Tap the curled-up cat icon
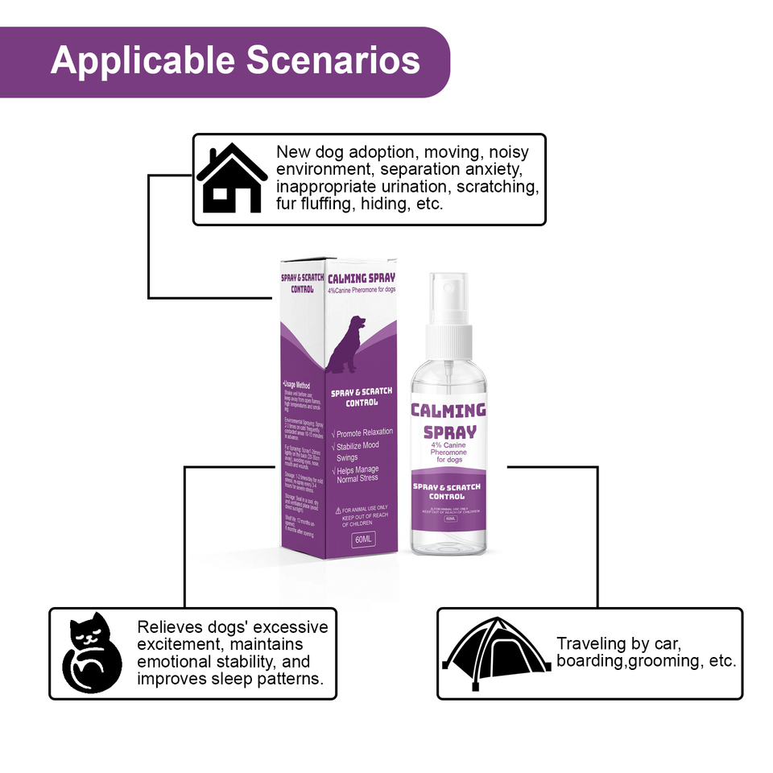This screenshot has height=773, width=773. pos(92,653)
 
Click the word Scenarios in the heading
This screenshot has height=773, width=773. pos(333,61)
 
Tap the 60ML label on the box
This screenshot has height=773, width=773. pos(364,539)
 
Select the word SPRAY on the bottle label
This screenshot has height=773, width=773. pos(450,432)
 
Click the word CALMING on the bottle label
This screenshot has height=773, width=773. pos(449,411)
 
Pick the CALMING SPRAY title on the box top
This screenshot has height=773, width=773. pos(362,279)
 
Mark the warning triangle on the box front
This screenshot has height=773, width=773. pos(338,511)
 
